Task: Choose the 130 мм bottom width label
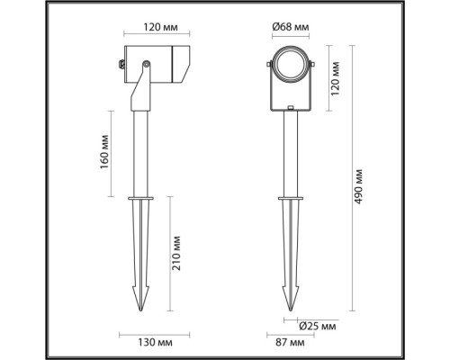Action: pos(144,341)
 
